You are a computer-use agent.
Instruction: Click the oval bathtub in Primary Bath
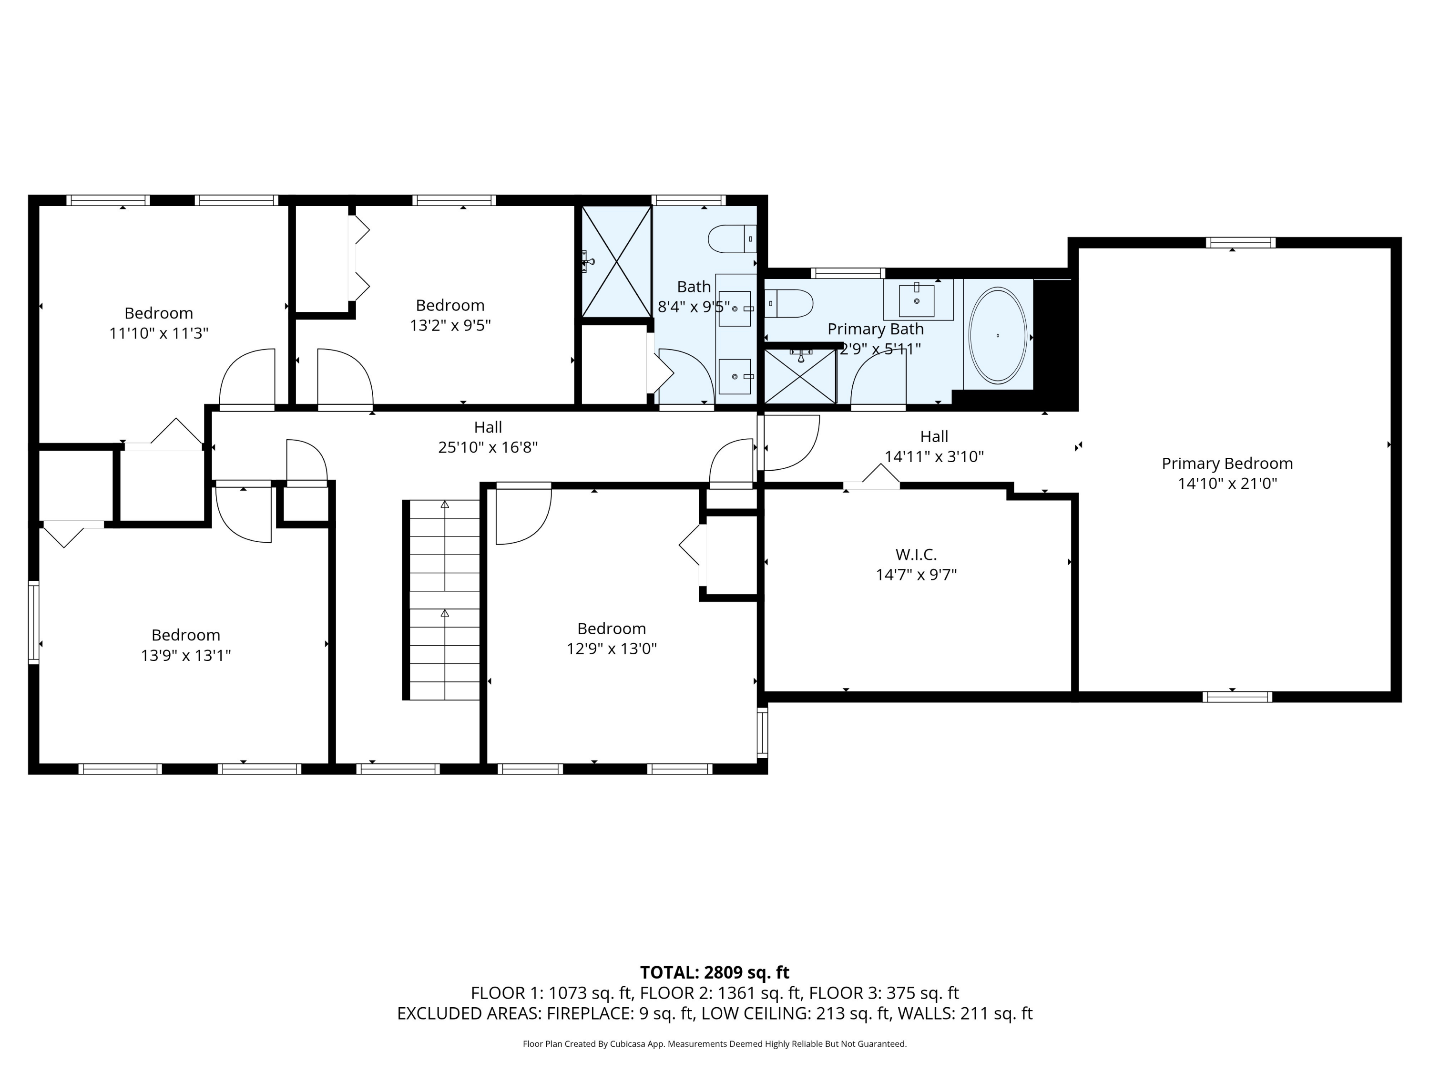998,335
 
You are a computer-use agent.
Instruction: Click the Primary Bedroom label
1227,463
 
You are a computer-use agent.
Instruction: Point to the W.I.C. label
916,554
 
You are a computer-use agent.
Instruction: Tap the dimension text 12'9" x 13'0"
612,648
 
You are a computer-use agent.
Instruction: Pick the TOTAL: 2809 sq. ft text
715,972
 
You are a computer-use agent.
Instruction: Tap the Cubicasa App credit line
715,1044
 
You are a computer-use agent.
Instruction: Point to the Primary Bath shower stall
800,376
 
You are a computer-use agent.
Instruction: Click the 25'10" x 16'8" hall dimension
488,447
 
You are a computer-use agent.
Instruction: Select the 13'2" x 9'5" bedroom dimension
450,325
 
